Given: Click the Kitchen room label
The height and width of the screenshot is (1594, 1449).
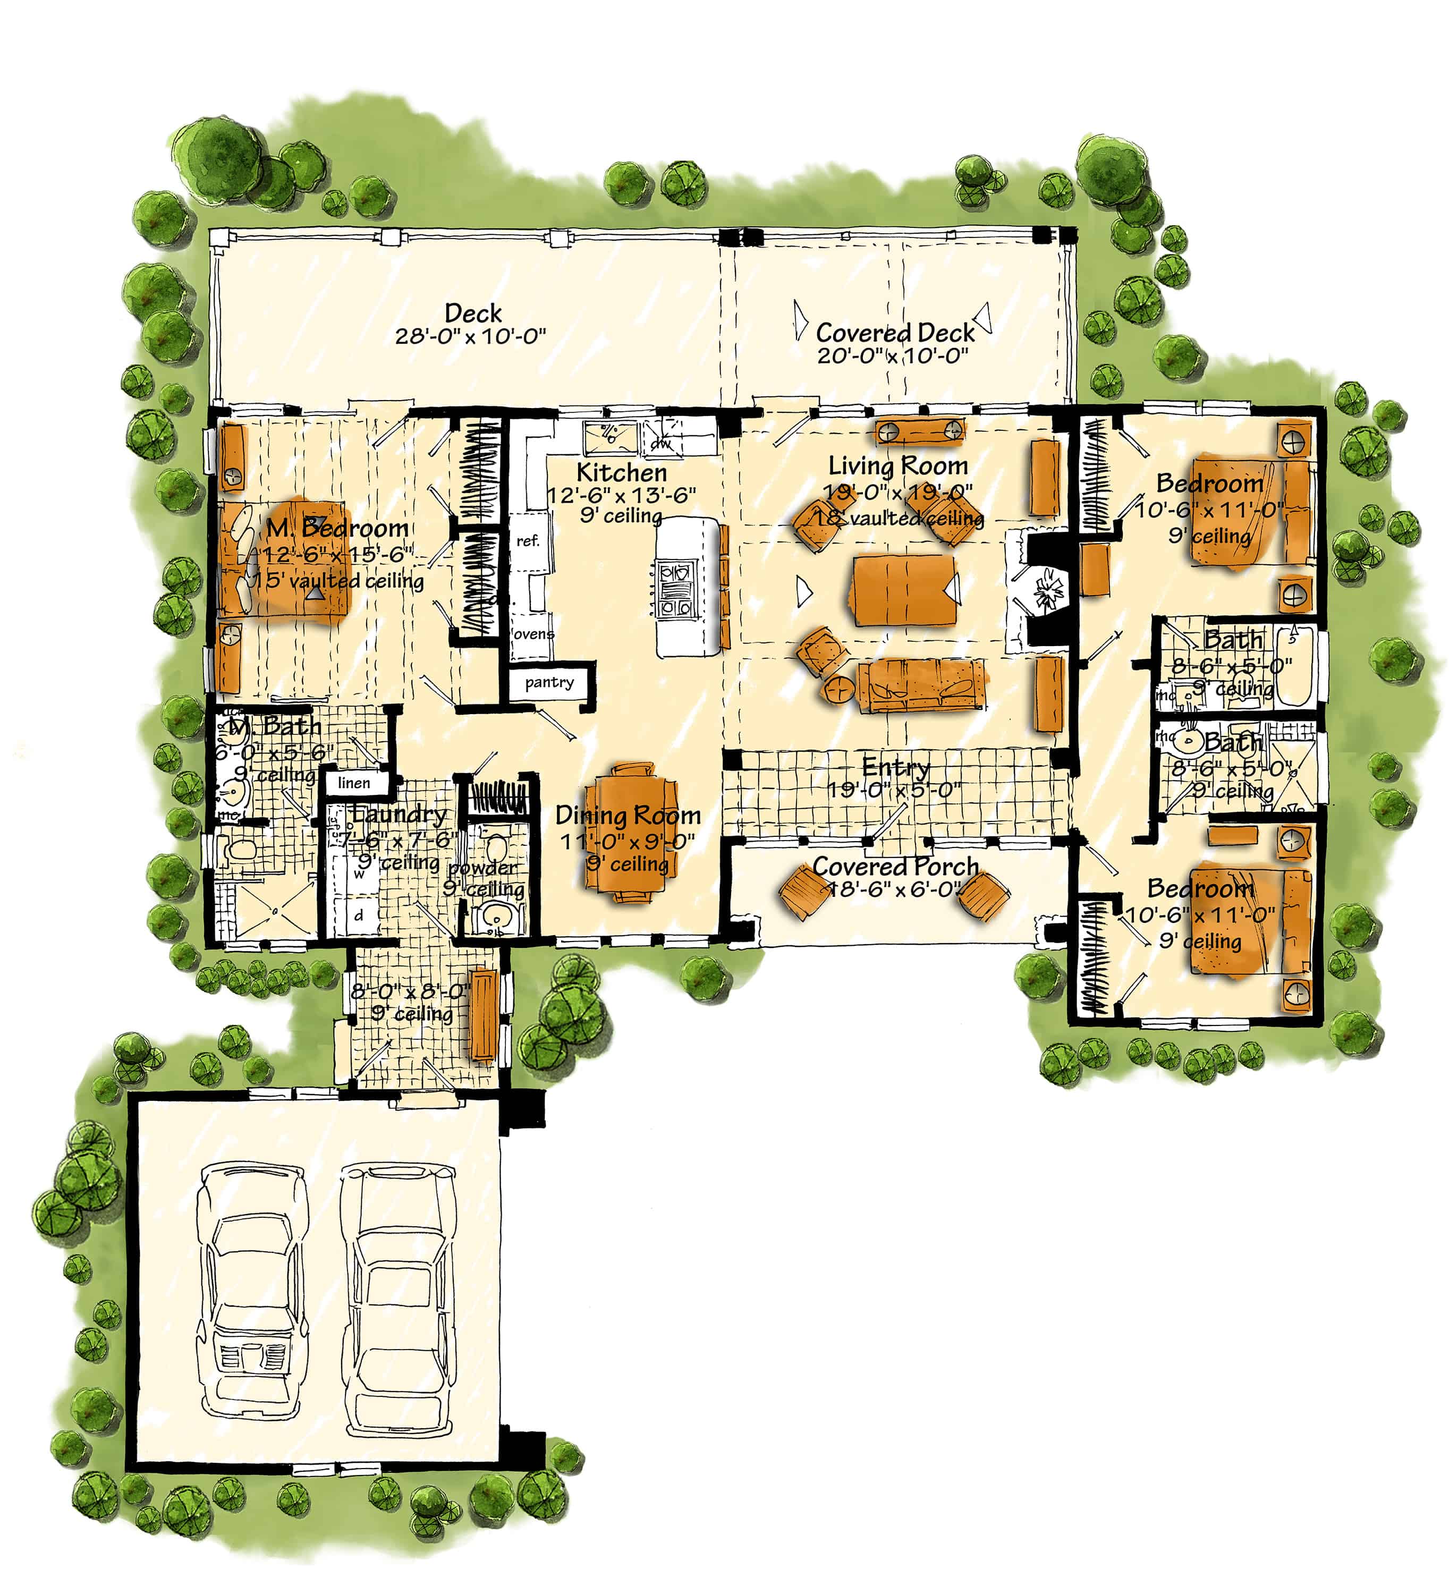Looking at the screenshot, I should coord(621,473).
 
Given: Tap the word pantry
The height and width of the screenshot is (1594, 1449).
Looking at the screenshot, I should coord(549,682).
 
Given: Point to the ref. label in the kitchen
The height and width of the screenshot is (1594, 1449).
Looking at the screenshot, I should coord(528,541).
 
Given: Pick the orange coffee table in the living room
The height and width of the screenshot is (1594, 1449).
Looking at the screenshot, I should coord(903,590).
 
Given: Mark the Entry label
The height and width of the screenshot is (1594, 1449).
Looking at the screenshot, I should coord(896,767).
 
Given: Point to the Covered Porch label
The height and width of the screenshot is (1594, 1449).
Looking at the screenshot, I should coord(896,867).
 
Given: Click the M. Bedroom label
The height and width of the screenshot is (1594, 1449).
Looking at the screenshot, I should coord(337,528).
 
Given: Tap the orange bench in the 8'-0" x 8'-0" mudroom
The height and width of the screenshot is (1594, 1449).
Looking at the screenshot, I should coord(483,1015).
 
